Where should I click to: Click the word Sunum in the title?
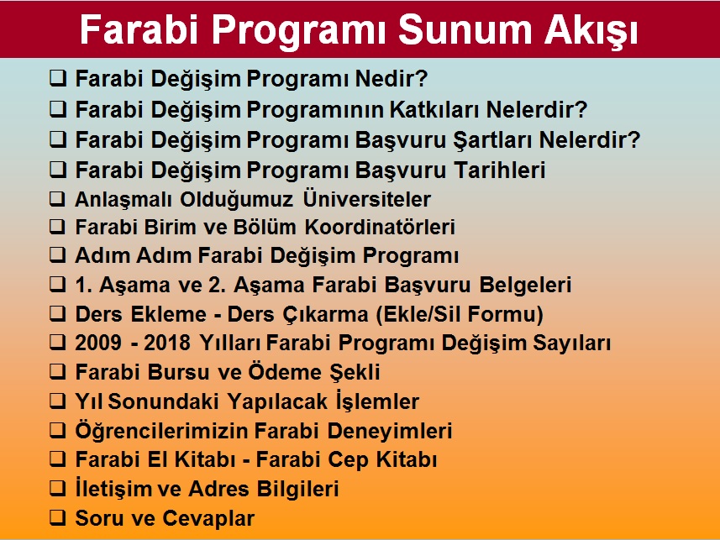point(465,29)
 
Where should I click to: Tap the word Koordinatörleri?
point(381,227)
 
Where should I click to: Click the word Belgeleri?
point(525,285)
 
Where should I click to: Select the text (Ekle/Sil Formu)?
point(460,315)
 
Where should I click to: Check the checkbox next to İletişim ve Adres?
point(58,488)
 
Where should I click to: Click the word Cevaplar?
point(209,518)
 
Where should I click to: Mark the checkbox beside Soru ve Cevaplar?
point(58,517)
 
